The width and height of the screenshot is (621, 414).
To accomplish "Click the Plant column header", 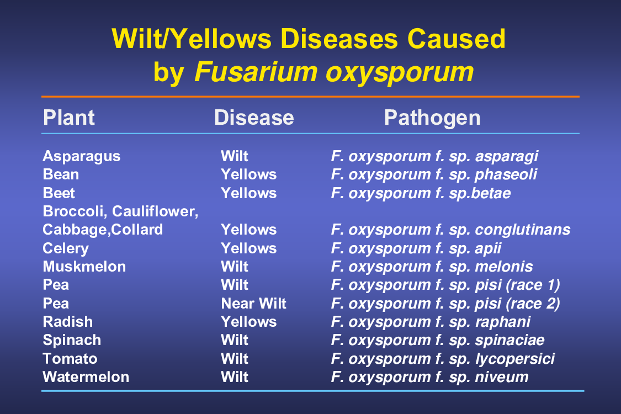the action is [x=69, y=118].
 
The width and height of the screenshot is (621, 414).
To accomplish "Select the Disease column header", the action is [x=254, y=118].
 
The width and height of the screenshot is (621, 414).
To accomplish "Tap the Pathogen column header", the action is [x=432, y=118].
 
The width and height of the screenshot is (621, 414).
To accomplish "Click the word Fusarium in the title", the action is [x=256, y=72].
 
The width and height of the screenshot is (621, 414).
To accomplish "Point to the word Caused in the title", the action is [x=457, y=39].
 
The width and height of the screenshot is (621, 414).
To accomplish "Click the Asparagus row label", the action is [x=82, y=156].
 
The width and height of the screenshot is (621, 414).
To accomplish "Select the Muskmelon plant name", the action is [x=84, y=267].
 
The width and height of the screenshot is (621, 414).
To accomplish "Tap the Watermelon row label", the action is [x=86, y=377].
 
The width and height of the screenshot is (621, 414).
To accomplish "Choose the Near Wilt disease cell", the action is [x=253, y=304].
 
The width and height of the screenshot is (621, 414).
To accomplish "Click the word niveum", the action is [x=502, y=377].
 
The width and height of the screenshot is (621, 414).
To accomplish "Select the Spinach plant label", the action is [x=72, y=341].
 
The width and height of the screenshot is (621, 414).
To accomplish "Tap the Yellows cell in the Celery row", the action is [x=249, y=248].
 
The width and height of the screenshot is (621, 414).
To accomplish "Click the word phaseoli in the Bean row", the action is [x=506, y=175].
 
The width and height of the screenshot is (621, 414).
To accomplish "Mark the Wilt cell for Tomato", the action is [x=235, y=359].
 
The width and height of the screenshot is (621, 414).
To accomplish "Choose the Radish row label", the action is [x=68, y=322].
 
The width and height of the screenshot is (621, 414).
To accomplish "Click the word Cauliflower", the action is [x=155, y=211].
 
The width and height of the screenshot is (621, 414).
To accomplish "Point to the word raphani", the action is [x=503, y=322].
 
